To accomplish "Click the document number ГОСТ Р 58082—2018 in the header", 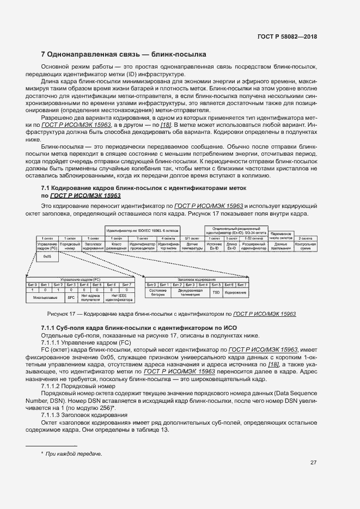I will coord(286,36).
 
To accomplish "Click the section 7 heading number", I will coord(44,55).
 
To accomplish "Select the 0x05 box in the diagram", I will coord(47,256).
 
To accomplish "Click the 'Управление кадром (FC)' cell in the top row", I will coord(47,246).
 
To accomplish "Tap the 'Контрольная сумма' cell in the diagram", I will coord(305,246).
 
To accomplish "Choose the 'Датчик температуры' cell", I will coord(192,246).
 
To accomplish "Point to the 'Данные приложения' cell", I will coord(280,246).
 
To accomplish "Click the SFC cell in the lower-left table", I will coord(70,298).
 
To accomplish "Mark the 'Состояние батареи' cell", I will coord(157,292).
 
